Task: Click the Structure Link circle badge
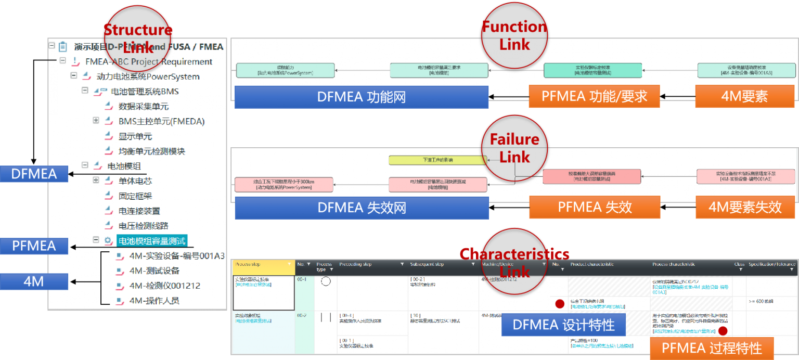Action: [137, 38]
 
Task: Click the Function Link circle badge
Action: [514, 35]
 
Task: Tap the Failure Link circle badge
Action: [514, 148]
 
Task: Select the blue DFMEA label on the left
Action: [34, 174]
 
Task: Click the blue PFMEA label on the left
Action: [34, 246]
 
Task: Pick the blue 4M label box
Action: [34, 282]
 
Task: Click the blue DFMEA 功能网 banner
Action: [361, 97]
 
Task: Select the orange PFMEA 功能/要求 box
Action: [594, 96]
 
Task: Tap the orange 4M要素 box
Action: [744, 96]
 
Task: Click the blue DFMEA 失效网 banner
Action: [361, 208]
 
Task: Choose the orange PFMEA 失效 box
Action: [594, 207]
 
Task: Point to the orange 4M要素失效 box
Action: [745, 207]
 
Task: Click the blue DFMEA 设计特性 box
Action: [563, 325]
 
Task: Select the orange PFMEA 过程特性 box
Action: [711, 348]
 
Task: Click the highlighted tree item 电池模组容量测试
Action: [151, 240]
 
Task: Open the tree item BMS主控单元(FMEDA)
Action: [161, 121]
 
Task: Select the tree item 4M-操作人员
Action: [154, 301]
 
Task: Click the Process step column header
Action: [262, 265]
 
